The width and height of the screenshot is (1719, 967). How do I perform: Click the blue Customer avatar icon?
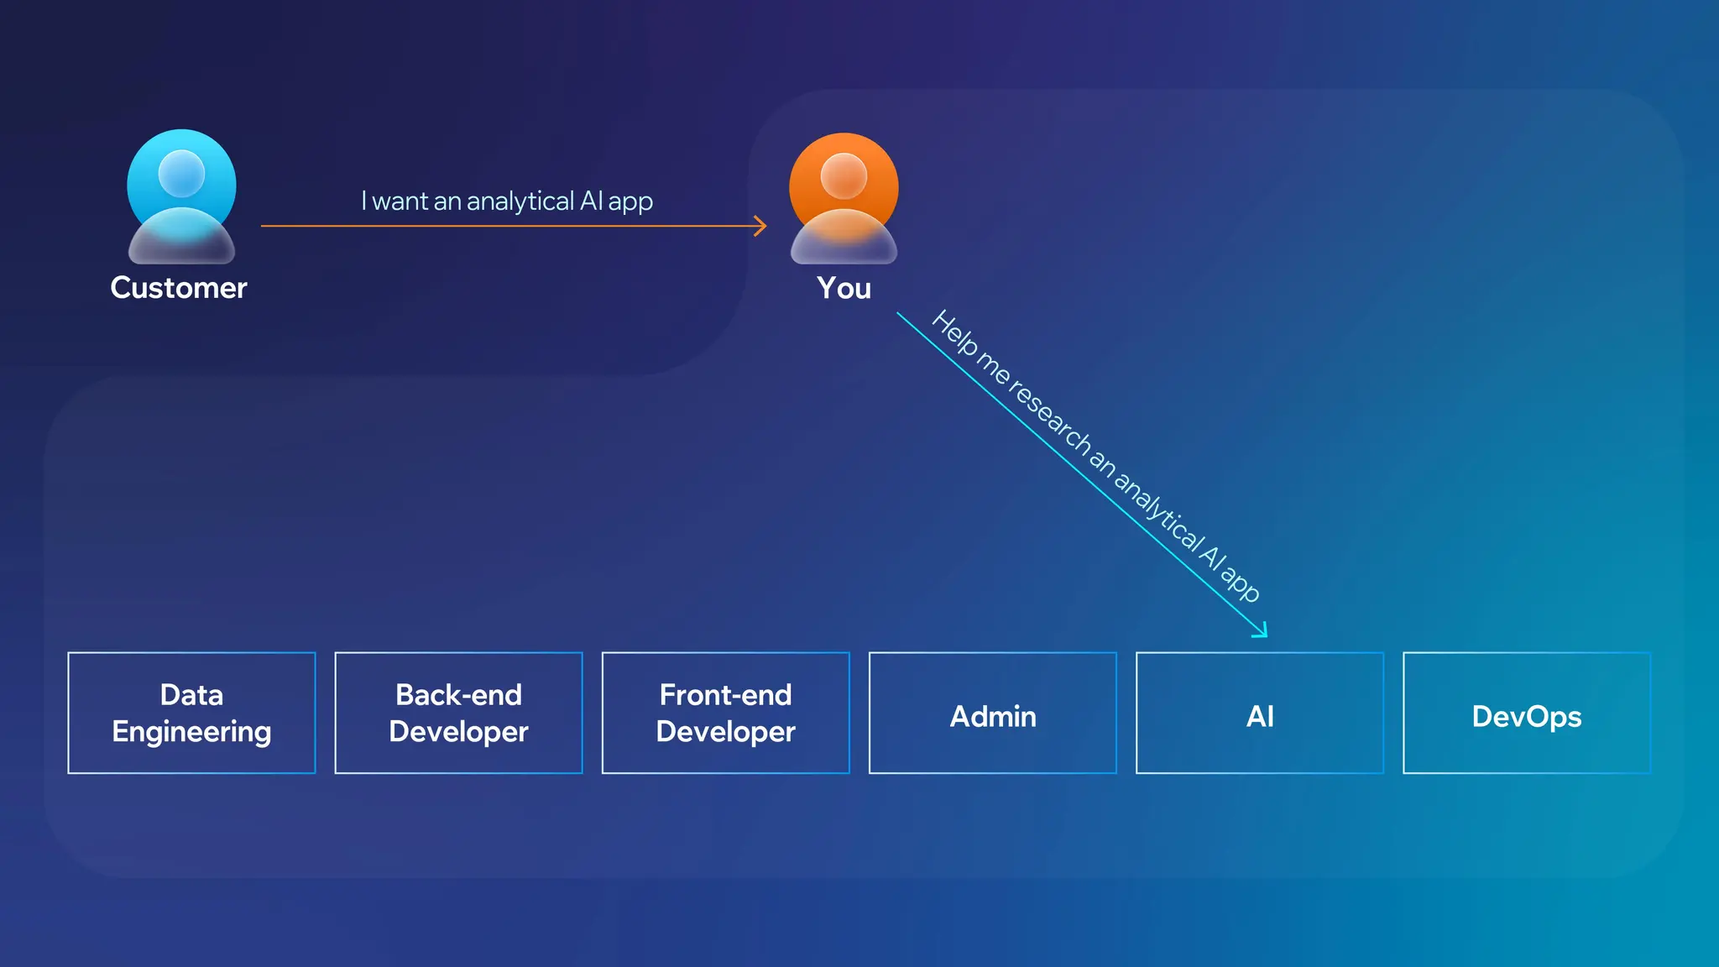[181, 196]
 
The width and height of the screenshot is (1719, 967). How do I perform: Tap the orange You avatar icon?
[844, 198]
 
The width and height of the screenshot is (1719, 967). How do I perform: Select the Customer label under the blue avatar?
[179, 288]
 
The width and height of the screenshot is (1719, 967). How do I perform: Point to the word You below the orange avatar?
[844, 288]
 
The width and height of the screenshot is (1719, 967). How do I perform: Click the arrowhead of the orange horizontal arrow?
[761, 226]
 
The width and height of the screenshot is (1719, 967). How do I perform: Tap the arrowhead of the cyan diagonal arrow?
[1262, 632]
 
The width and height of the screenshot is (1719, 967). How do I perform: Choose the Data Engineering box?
[191, 713]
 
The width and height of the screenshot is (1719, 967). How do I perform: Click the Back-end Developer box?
[458, 713]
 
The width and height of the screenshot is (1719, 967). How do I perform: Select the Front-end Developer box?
[725, 713]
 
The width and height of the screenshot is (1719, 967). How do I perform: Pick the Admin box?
[992, 713]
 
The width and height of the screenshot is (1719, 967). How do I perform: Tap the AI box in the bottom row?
[1259, 713]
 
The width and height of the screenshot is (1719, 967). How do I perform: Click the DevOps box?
[1526, 713]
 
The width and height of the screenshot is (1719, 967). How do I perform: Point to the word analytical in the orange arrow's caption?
[520, 201]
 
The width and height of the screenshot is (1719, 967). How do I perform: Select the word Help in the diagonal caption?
[956, 334]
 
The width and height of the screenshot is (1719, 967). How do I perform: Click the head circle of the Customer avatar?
[181, 173]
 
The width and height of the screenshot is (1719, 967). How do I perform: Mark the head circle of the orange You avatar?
[844, 175]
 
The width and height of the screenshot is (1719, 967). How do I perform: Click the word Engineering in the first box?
[191, 732]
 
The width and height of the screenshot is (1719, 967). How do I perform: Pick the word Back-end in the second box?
[458, 695]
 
